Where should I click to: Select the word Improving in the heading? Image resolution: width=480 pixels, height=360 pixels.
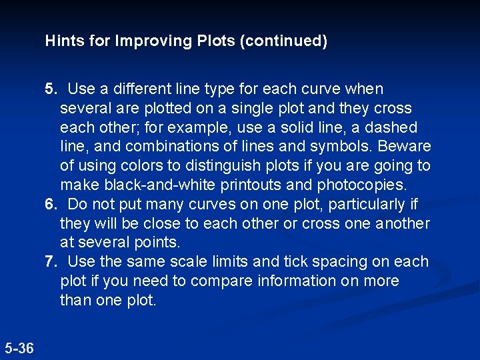click(155, 41)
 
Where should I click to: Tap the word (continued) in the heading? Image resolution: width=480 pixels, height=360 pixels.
click(285, 41)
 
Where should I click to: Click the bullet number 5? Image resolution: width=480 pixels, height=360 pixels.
click(51, 89)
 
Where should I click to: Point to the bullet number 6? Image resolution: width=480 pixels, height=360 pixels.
click(51, 204)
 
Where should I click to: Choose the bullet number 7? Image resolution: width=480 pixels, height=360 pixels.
click(51, 261)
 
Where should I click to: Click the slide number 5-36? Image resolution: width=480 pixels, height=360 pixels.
click(19, 347)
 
